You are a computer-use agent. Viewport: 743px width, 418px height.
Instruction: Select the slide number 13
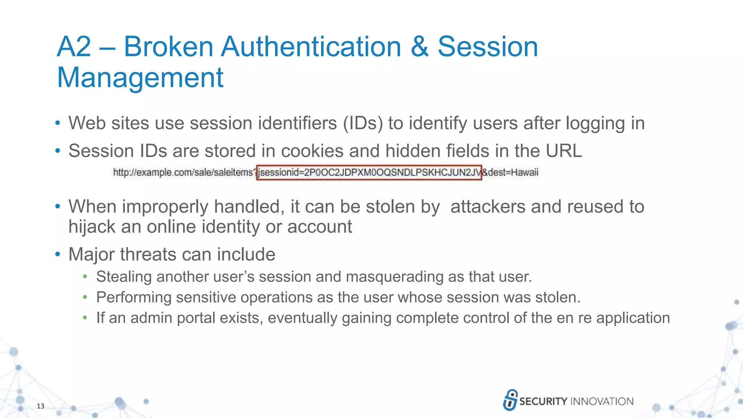[x=40, y=406]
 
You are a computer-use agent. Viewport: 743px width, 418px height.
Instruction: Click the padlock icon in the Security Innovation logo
[x=510, y=400]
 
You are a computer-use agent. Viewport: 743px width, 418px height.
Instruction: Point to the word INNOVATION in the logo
[x=602, y=401]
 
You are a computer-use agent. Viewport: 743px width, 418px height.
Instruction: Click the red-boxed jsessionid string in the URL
[x=369, y=172]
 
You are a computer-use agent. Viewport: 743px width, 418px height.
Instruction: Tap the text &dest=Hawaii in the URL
[x=510, y=172]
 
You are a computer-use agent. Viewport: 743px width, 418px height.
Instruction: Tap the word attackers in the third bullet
[x=488, y=206]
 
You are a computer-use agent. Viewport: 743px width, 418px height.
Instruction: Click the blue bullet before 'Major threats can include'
[x=57, y=254]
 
